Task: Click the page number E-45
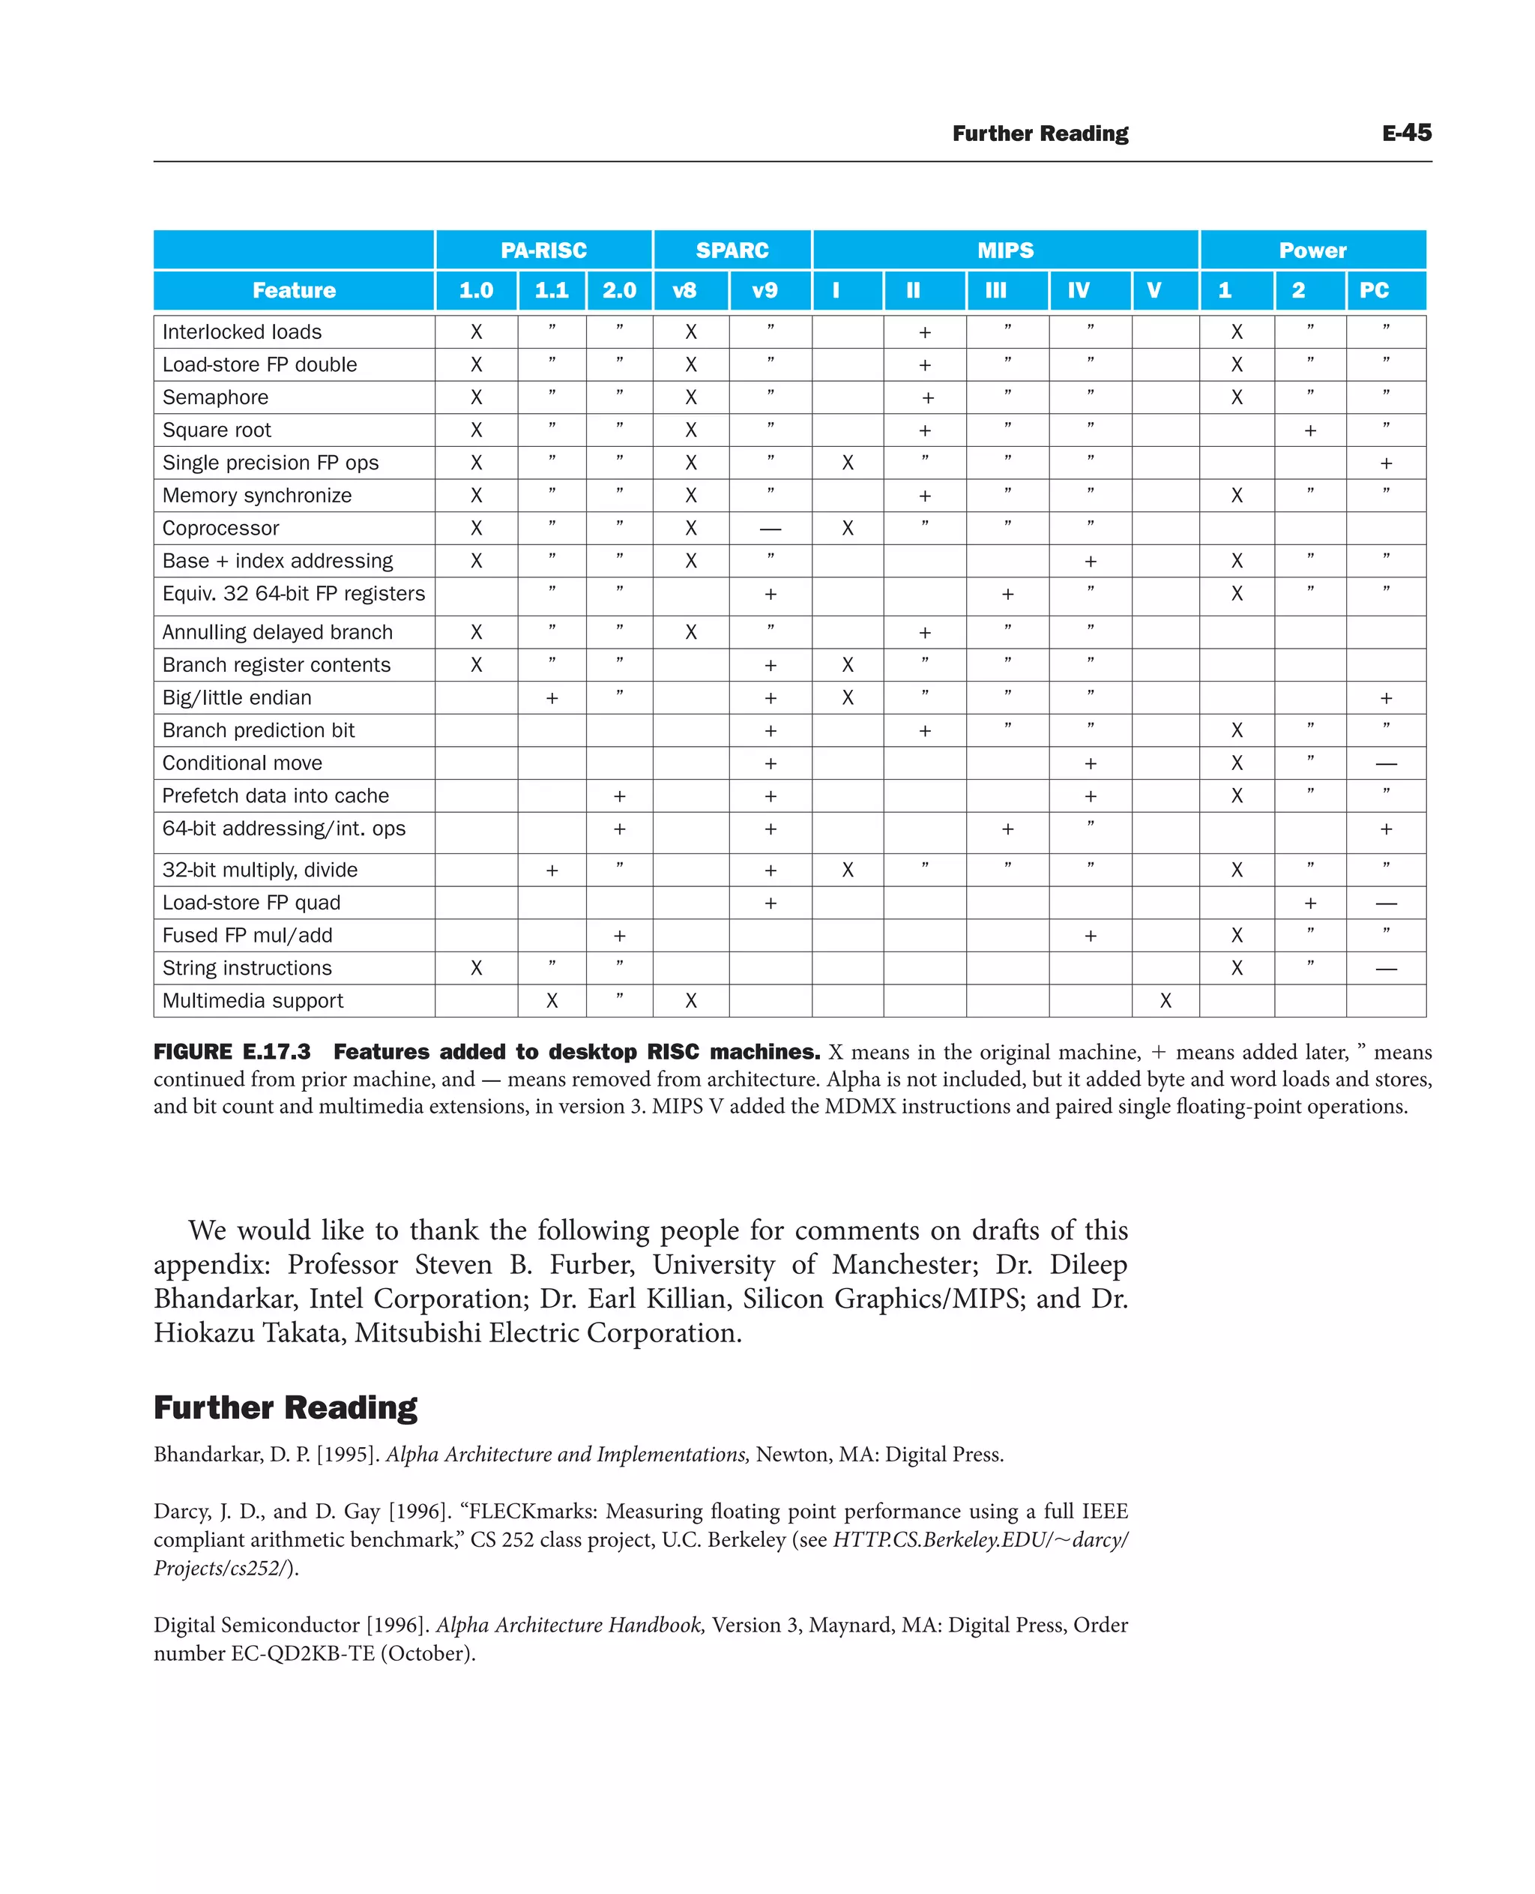[1406, 133]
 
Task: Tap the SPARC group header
[732, 250]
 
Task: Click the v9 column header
[764, 290]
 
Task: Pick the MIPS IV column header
[1078, 290]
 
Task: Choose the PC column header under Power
[1373, 290]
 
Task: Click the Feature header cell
[294, 290]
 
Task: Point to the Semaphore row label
[215, 397]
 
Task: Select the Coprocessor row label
[220, 528]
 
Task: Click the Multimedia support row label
[252, 1000]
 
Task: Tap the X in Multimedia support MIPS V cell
[1165, 1000]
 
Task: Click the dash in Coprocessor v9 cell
[770, 529]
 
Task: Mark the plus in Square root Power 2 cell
[1309, 431]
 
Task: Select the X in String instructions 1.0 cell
[476, 968]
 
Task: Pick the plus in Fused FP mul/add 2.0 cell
[619, 936]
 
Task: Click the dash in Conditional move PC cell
[1386, 763]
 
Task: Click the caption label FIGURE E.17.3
[232, 1052]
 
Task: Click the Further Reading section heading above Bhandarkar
[285, 1407]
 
